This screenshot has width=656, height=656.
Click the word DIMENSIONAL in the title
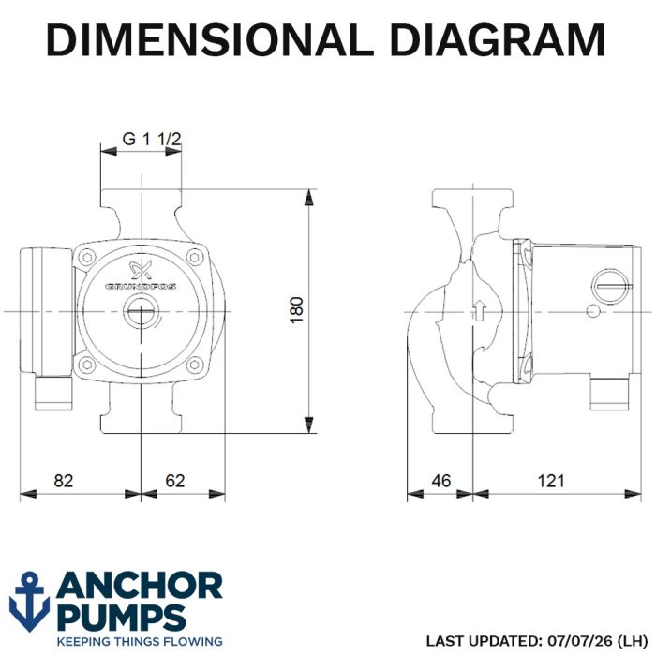[210, 39]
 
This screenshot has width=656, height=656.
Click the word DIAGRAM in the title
[498, 39]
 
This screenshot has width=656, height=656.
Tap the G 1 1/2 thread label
[152, 139]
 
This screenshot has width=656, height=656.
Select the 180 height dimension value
[297, 309]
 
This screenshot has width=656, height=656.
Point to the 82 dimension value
[63, 481]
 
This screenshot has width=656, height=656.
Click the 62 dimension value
[175, 481]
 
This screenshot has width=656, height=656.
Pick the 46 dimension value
[441, 481]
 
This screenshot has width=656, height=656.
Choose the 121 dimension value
[551, 481]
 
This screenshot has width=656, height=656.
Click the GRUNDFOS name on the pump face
[141, 287]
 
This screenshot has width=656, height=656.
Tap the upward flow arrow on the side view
[480, 310]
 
